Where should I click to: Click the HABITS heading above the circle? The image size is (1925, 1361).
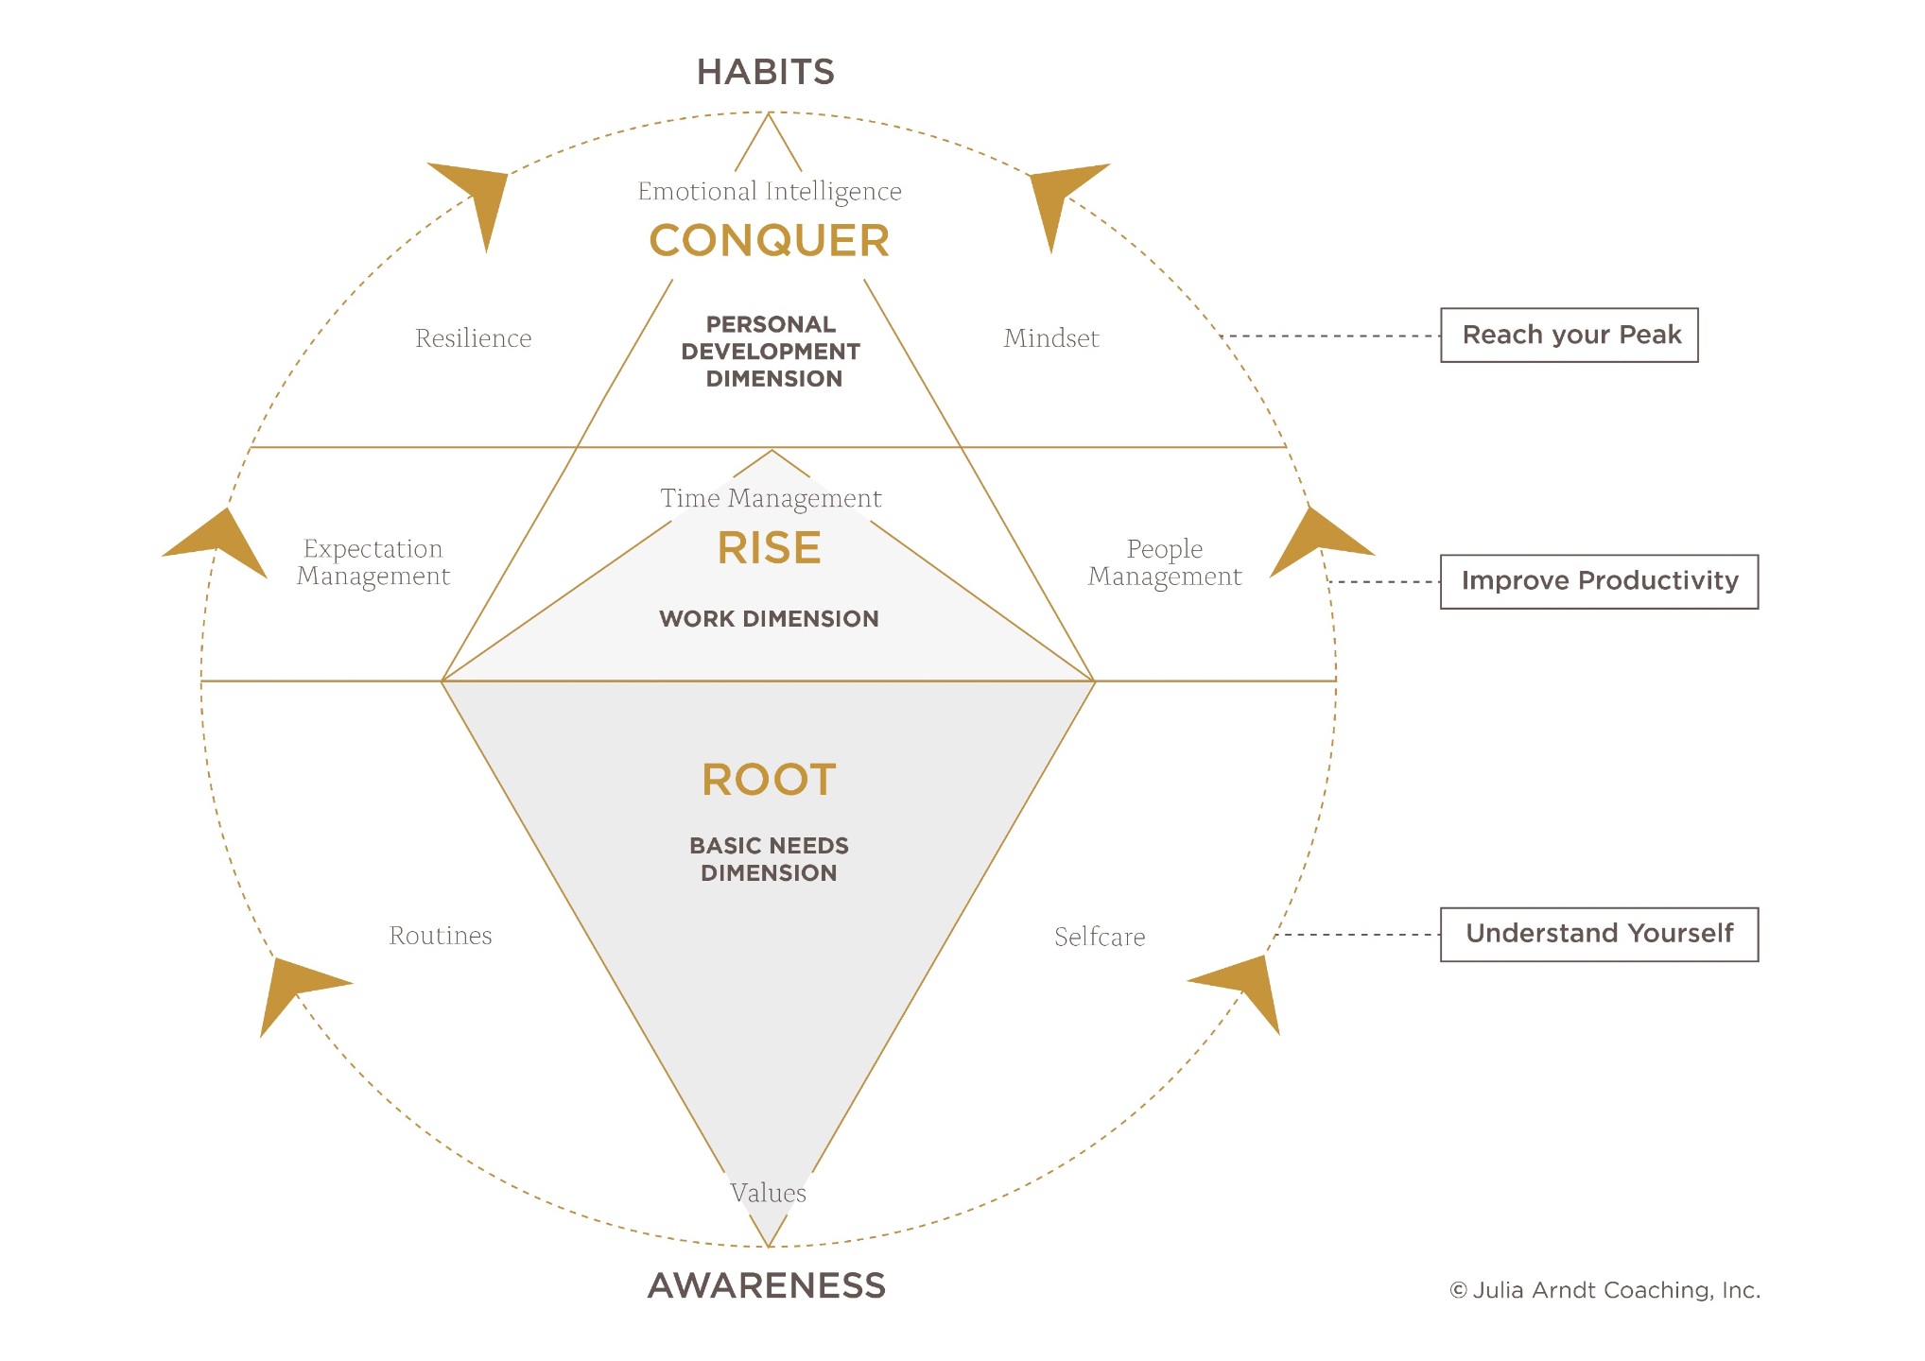click(x=766, y=72)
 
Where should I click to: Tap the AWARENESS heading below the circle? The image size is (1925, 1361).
click(x=767, y=1285)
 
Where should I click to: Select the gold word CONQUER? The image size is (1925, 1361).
click(x=770, y=241)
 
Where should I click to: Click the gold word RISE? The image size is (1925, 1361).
click(x=770, y=548)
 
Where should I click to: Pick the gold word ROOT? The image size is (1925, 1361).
click(x=770, y=780)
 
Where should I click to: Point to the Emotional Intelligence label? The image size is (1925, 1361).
click(x=770, y=192)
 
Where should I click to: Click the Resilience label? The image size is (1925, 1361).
click(x=474, y=338)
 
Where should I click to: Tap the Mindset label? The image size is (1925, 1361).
click(x=1051, y=338)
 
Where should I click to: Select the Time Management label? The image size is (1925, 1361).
click(x=771, y=499)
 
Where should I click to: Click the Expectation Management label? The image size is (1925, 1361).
click(x=373, y=562)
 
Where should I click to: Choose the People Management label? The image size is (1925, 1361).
click(x=1165, y=562)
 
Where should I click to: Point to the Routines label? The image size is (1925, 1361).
click(x=441, y=936)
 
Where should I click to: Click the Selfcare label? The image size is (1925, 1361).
click(x=1100, y=937)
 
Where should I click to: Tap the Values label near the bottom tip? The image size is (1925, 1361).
click(x=768, y=1193)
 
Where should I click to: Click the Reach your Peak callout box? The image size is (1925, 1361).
click(x=1569, y=336)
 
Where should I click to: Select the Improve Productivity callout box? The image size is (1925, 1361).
click(x=1600, y=582)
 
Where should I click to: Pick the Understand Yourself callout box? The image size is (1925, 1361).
click(x=1600, y=935)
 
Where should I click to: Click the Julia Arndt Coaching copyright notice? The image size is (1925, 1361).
click(x=1604, y=1290)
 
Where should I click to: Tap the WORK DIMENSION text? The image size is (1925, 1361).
click(x=770, y=619)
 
